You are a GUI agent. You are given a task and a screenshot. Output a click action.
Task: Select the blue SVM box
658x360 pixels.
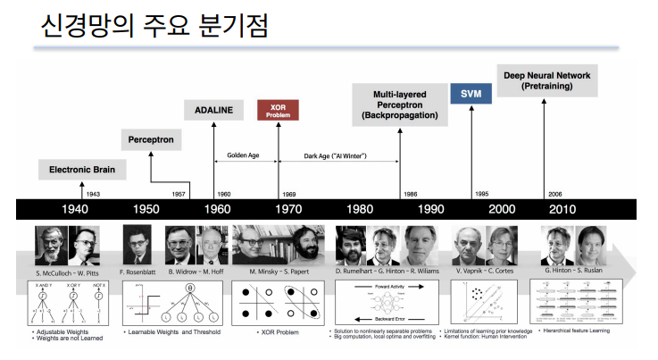tap(471, 94)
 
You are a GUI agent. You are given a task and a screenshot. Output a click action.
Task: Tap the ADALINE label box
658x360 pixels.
tap(213, 110)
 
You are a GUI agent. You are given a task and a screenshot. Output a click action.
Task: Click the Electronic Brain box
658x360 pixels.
tap(82, 169)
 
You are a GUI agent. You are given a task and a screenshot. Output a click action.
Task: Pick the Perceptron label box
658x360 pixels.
tap(150, 140)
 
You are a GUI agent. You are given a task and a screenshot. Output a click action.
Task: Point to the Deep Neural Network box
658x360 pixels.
tap(546, 81)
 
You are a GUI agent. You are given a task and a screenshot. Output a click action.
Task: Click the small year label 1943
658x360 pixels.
tap(94, 193)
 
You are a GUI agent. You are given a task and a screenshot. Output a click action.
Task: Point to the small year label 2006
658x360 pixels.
tap(556, 193)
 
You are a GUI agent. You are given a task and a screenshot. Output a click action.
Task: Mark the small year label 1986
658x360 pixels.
tap(410, 193)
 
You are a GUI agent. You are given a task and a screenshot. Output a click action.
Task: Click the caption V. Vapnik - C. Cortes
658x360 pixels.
tap(484, 270)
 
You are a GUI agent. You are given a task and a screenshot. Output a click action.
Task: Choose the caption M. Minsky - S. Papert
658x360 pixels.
tap(279, 270)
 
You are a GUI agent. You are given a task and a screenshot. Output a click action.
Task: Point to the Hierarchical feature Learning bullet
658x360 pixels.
tap(583, 331)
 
